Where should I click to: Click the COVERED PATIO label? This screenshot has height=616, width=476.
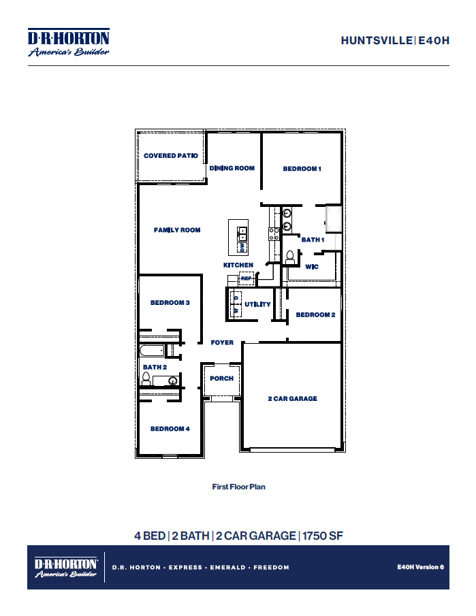(x=170, y=156)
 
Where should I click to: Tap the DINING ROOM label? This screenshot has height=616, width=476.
(x=232, y=168)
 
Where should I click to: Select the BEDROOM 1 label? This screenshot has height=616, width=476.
(x=302, y=169)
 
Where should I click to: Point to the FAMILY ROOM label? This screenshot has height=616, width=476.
(x=177, y=230)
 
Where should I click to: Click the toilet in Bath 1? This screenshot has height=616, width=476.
(x=290, y=257)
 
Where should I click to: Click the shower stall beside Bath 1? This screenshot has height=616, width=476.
(x=334, y=218)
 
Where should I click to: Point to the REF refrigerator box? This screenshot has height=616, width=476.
(x=246, y=278)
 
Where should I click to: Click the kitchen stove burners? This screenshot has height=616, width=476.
(x=274, y=234)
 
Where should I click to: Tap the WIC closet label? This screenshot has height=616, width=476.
(x=312, y=267)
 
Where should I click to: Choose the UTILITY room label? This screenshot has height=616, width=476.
(x=258, y=304)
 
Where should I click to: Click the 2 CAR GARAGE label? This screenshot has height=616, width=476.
(x=291, y=399)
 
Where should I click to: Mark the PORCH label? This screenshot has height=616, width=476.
(x=221, y=378)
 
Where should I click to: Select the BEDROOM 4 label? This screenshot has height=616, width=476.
(x=170, y=429)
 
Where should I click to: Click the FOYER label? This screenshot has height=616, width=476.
(x=222, y=342)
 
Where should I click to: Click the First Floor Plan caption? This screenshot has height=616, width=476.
(x=238, y=487)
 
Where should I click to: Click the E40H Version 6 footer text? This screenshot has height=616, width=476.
(x=420, y=566)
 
